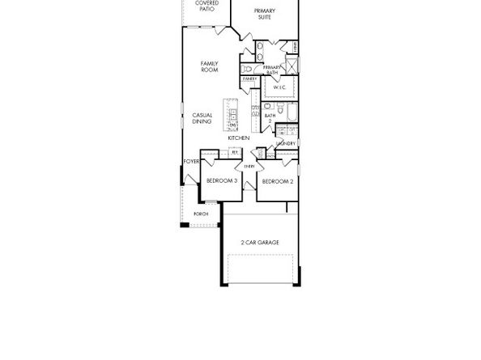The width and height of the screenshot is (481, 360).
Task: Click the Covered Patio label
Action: point(206,6)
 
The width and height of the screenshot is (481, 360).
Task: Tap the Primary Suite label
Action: point(264,13)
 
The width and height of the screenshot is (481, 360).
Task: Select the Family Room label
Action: point(210,66)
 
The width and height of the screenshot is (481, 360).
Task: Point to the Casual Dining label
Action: point(202,118)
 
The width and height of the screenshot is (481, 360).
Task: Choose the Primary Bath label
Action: point(272,70)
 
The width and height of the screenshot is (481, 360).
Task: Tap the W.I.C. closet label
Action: point(279,87)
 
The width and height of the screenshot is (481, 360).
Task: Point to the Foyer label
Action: point(191,162)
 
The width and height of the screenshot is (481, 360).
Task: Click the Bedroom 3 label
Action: point(221,180)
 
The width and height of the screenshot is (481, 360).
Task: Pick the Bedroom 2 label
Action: point(277,181)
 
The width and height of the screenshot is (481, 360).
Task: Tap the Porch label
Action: point(200,214)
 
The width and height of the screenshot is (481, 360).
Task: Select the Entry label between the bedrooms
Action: point(249,167)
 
